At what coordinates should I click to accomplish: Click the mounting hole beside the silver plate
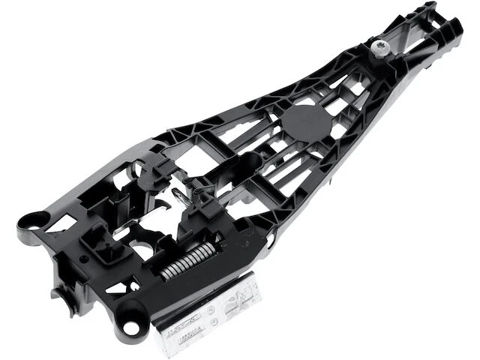[132, 328]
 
